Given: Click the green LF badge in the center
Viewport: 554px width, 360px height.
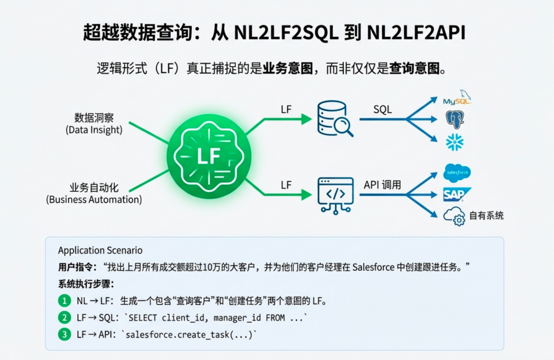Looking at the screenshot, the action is click(x=209, y=156).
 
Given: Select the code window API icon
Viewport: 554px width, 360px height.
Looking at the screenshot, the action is click(x=335, y=194).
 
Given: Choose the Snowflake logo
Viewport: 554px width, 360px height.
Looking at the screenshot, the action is click(x=454, y=142).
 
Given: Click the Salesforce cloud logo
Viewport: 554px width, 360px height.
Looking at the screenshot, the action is click(x=457, y=173).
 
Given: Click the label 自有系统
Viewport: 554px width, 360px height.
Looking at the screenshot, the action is click(x=486, y=215).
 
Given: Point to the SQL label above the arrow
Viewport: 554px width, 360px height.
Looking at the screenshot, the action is click(x=383, y=109).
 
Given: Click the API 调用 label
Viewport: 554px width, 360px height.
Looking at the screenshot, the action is click(x=383, y=185).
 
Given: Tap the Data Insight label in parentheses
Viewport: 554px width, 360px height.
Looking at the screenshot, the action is click(x=94, y=130).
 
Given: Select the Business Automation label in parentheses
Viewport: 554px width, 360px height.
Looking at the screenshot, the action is click(x=94, y=199).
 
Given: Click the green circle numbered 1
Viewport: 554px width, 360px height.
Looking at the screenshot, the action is click(x=64, y=301).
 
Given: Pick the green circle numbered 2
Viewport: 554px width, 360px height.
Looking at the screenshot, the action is click(x=64, y=317).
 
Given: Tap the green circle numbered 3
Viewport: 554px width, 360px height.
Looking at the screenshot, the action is click(x=64, y=334).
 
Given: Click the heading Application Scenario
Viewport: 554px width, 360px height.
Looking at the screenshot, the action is click(x=100, y=250).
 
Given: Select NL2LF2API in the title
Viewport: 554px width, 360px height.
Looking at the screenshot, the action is click(x=416, y=33).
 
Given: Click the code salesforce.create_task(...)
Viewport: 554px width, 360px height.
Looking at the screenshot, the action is click(x=190, y=335).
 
